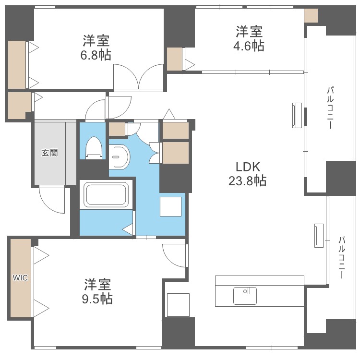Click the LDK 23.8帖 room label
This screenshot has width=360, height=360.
tap(247, 174)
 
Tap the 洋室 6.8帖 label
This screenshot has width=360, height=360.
tap(96, 47)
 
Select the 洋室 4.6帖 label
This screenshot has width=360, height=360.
tap(249, 39)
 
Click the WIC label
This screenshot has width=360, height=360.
tap(20, 277)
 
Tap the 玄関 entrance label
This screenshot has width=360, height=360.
tap(49, 153)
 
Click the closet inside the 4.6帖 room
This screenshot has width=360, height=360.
tap(175, 59)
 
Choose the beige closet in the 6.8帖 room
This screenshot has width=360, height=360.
tap(17, 65)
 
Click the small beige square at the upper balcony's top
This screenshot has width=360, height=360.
tap(311, 16)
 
